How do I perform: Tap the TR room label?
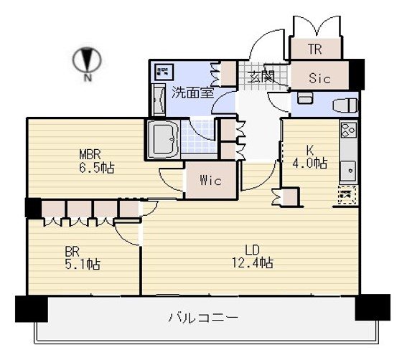point(315,49)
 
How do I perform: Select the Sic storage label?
point(319,78)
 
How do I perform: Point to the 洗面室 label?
point(193,93)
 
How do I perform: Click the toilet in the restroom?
point(345,105)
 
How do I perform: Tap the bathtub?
point(163,140)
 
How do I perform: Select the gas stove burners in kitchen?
point(348,129)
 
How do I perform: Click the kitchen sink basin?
point(348,170)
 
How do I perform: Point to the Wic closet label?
point(211,181)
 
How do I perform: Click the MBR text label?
point(90,155)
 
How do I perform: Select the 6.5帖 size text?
point(96,168)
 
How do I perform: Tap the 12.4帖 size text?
point(252,262)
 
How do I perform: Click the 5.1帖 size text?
point(83,264)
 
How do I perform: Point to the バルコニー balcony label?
point(203,318)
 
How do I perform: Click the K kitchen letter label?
point(309,150)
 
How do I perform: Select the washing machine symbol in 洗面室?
point(165,71)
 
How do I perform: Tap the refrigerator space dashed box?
point(347,195)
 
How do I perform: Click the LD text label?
point(252,250)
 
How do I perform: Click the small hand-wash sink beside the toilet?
point(305,98)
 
